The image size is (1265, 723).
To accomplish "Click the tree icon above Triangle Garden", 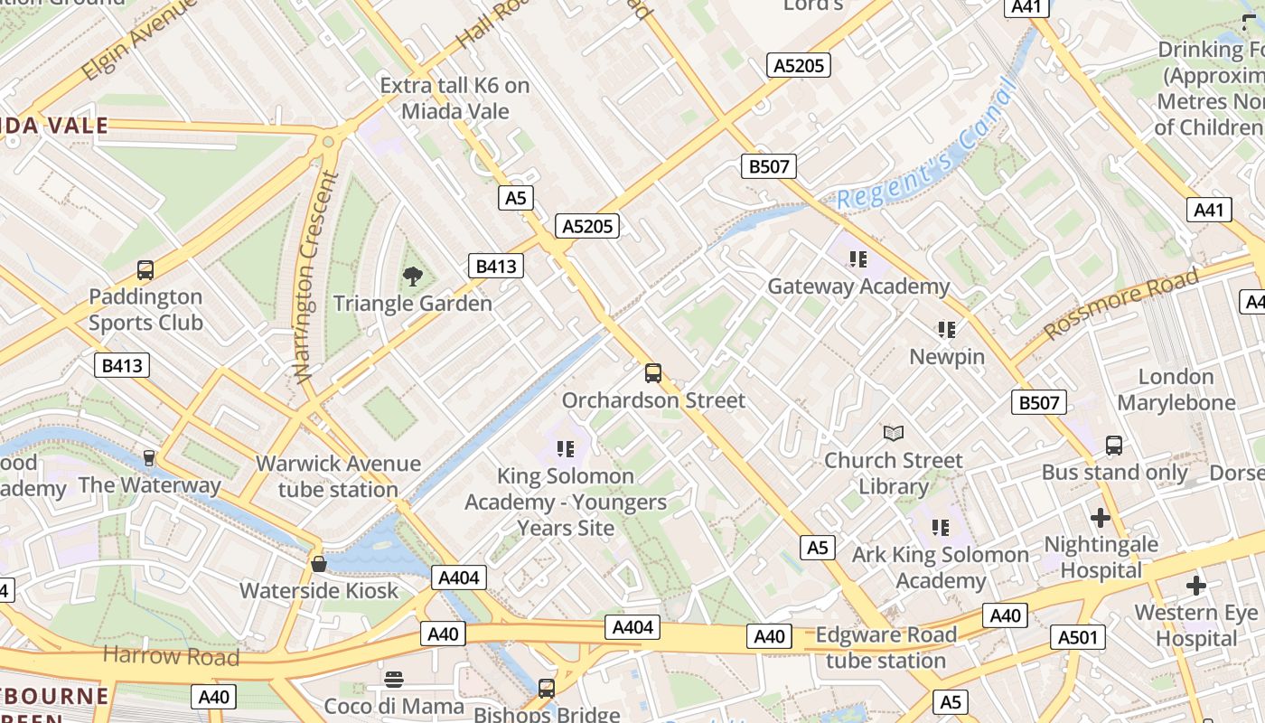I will (x=413, y=277).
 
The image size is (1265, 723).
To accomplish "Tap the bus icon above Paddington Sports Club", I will (x=145, y=269).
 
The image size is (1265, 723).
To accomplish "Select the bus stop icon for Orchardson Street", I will (x=653, y=373).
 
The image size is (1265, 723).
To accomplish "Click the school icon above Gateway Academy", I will (x=857, y=260).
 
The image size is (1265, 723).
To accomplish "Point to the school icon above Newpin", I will (x=946, y=330).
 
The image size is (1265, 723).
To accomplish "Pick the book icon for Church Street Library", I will (x=893, y=434).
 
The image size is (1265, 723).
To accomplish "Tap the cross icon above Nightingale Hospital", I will (x=1100, y=518).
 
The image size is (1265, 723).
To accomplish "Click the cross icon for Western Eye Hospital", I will (x=1196, y=586).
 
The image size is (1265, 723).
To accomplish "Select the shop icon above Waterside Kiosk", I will (x=318, y=564).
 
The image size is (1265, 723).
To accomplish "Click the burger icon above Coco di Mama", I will (x=393, y=679).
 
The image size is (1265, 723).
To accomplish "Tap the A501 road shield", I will (x=1079, y=638).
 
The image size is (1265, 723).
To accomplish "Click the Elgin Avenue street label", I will (x=139, y=40).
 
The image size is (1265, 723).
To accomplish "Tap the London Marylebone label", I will (x=1176, y=390).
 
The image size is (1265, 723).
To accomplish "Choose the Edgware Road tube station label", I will (x=885, y=647).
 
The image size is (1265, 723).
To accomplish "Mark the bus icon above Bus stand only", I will (x=1114, y=446).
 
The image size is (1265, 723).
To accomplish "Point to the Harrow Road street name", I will (x=172, y=656).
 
